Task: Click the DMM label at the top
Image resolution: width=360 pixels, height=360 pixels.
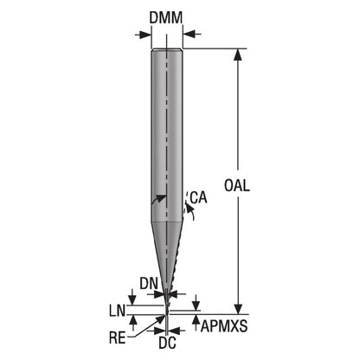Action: (166, 17)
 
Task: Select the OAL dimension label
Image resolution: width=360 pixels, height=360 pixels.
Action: (237, 185)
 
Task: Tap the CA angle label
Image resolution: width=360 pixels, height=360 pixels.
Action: (198, 197)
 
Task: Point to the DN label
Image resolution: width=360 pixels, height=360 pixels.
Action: (149, 283)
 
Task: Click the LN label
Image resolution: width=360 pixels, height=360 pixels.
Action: (117, 311)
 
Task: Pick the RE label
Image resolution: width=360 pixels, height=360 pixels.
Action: (118, 337)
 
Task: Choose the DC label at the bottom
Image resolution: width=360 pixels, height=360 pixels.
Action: (168, 343)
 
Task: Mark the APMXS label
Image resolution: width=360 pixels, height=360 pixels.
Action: (224, 326)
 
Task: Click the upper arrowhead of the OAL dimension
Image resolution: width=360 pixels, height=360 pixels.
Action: (238, 55)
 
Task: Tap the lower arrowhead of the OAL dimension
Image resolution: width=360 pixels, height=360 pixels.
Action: (238, 308)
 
